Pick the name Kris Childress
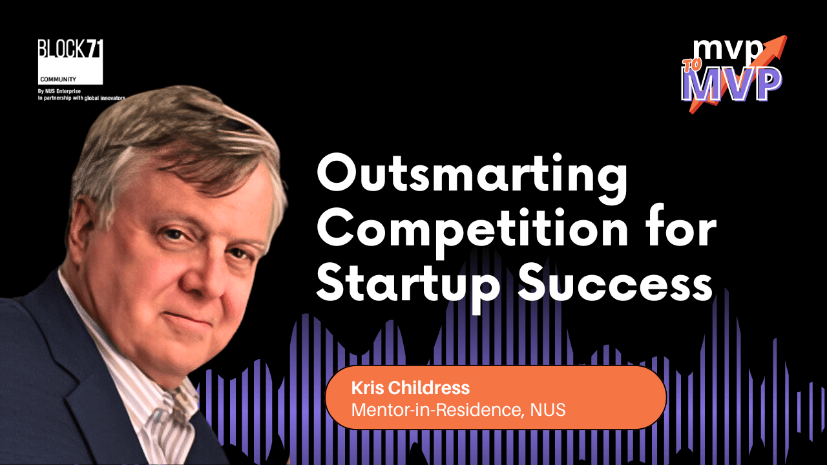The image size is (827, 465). point(410,388)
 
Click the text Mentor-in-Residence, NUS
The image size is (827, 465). point(459,409)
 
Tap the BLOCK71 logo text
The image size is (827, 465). point(70,48)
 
